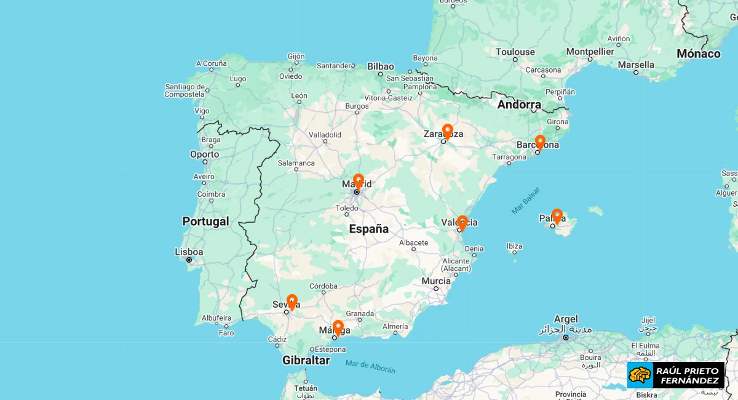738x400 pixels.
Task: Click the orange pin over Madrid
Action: pos(358,181)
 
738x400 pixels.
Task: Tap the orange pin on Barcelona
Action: pos(539,142)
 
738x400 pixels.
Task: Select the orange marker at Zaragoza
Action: pos(447,131)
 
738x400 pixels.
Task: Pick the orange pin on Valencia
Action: pos(462,222)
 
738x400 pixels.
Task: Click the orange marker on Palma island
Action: pos(557,215)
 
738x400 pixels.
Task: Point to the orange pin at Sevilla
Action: pos(292,302)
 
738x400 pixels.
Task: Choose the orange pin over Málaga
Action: pos(338,327)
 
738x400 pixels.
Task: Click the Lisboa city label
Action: pos(189,252)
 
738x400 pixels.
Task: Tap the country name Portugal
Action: pos(205,222)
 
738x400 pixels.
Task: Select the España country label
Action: pos(369,229)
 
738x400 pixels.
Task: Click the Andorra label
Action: pos(519,105)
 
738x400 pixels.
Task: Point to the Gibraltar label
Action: pos(306,361)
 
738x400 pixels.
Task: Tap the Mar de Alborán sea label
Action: pos(370,367)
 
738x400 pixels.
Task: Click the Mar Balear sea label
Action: pos(525,201)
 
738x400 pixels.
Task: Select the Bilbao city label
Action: pos(381,66)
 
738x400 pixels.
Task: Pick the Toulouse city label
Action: pos(515,52)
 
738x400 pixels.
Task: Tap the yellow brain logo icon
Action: pos(640,375)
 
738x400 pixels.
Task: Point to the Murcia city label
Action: pos(436,281)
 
